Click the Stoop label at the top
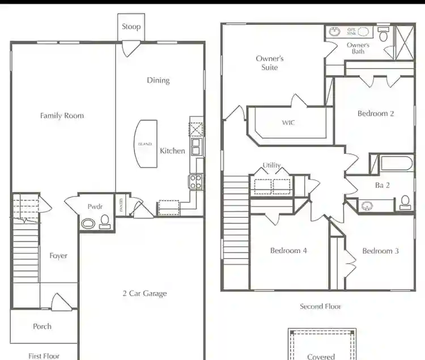coord(131,27)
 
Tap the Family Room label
coord(62,115)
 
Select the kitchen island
coord(145,144)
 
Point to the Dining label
coord(158,80)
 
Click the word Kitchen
coord(172,151)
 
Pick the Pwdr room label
coord(95,207)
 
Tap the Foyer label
coord(58,256)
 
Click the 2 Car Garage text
coord(144,293)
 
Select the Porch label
coord(42,326)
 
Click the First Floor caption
coord(44,355)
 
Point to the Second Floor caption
coord(320,306)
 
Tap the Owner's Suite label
coord(270,63)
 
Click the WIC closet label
coord(288,122)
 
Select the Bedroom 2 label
coord(376,114)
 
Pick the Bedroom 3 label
coord(380,251)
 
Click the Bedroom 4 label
coord(288,251)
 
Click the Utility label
coord(271,165)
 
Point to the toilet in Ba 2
coord(405,202)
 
